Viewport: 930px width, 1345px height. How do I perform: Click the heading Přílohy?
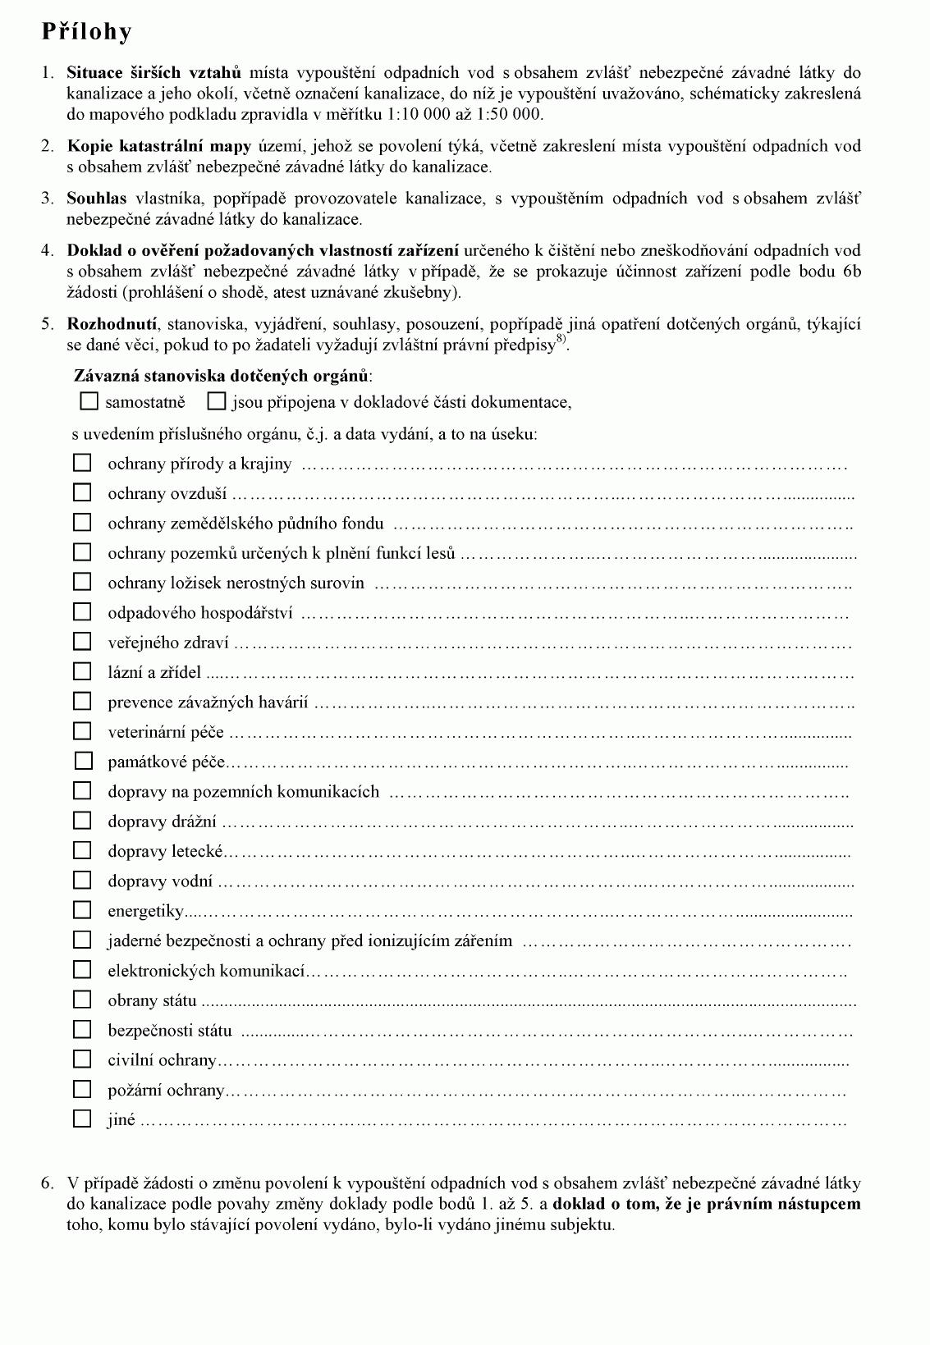coord(86,32)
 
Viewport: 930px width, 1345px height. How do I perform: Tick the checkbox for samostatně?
coord(89,401)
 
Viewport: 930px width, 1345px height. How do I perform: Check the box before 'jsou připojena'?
coord(217,401)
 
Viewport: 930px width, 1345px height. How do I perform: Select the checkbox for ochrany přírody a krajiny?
coord(82,463)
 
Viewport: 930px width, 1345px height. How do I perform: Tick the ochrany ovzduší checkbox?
coord(82,492)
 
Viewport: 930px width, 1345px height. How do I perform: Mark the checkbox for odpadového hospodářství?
coord(82,611)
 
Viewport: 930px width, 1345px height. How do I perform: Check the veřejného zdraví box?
coord(82,641)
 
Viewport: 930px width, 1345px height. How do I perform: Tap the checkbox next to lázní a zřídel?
coord(82,671)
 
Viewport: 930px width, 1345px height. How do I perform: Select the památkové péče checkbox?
coord(83,761)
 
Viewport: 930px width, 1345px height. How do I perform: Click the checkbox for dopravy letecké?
coord(82,850)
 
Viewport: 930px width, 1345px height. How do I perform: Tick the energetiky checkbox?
coord(82,910)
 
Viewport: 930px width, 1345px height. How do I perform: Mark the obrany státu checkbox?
coord(82,1000)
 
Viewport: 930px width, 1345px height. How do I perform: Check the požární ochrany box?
coord(82,1089)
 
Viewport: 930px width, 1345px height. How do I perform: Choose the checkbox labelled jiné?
coord(82,1119)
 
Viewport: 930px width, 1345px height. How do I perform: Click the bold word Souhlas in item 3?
coord(97,198)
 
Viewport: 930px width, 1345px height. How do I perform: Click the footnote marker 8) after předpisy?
coord(561,341)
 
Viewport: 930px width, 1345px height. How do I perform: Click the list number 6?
coord(47,1183)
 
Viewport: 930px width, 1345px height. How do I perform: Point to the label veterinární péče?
coord(165,732)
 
